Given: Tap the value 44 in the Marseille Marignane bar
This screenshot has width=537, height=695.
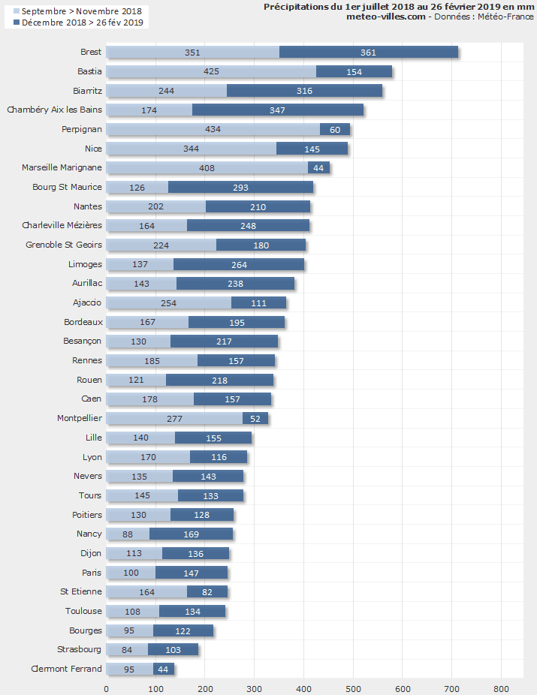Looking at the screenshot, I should click(x=318, y=168).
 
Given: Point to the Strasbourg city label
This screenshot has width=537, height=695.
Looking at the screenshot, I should click(x=79, y=649).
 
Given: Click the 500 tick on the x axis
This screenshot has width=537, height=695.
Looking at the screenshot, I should click(x=353, y=688).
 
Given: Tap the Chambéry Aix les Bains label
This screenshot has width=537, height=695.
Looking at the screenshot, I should click(x=54, y=110).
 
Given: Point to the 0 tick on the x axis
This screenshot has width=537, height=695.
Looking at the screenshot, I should click(x=106, y=688).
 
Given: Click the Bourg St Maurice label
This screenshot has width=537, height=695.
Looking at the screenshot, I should click(x=67, y=187).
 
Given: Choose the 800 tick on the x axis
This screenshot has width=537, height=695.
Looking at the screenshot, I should click(x=501, y=688).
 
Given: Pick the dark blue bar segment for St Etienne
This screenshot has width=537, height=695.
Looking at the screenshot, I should click(x=207, y=591).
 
